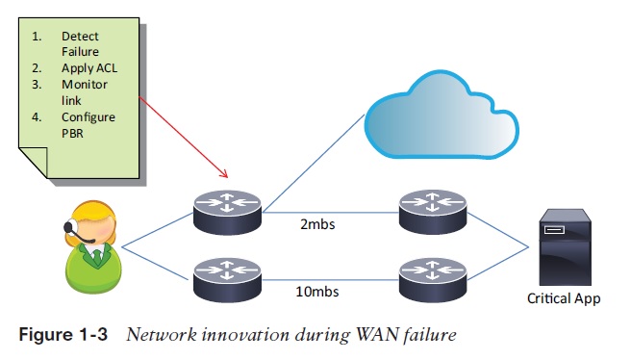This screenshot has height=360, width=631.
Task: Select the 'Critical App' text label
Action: [x=564, y=298]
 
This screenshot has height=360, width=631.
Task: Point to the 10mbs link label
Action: [x=317, y=289]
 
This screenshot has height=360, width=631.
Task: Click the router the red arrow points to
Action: [x=227, y=211]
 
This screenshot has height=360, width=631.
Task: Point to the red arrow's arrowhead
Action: [x=226, y=175]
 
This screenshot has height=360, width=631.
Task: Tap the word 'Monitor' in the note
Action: [x=86, y=85]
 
